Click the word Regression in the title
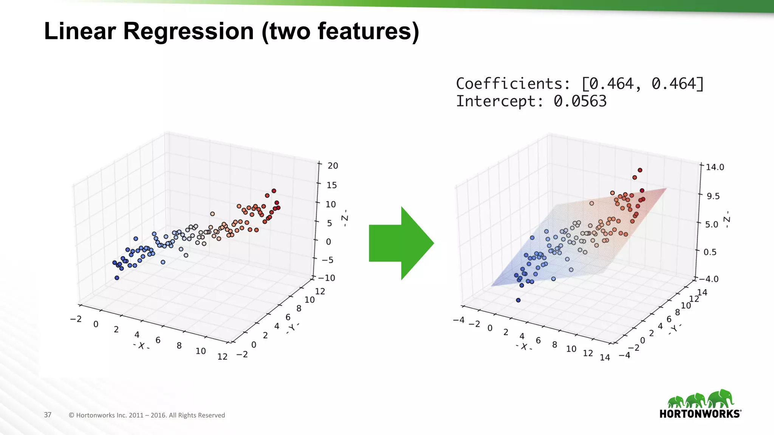[x=188, y=31]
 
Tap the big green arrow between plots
[x=401, y=243]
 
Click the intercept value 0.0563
[x=580, y=101]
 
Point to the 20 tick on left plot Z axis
[x=333, y=165]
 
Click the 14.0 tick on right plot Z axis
[x=715, y=167]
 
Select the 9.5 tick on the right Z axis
[x=713, y=196]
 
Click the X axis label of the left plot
[x=141, y=346]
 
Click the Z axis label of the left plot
[x=344, y=218]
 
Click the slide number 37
[x=48, y=415]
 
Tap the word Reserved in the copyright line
[x=211, y=415]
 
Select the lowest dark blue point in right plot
[x=518, y=300]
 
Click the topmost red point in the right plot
[x=640, y=170]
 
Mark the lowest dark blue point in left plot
[x=117, y=278]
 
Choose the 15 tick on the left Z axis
[x=331, y=185]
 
